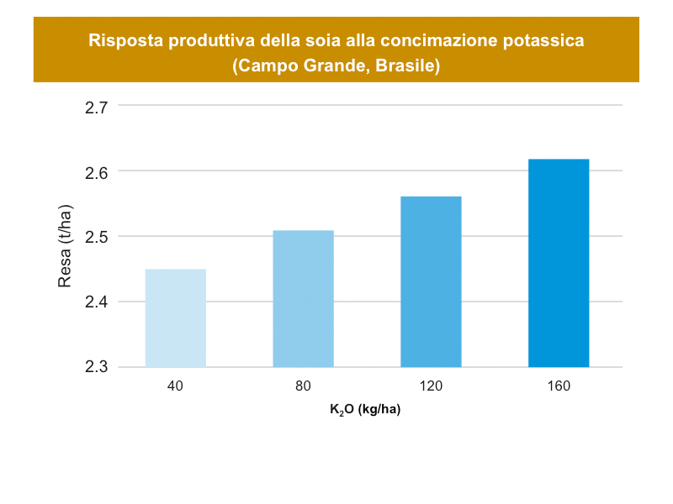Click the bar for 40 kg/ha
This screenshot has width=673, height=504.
(x=176, y=318)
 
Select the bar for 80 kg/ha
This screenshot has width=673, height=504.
(x=304, y=298)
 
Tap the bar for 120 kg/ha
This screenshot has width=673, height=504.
(x=431, y=281)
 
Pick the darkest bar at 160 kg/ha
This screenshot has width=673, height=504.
(x=559, y=263)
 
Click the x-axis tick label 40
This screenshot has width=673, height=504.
(x=176, y=386)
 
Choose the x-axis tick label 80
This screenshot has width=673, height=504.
(x=304, y=386)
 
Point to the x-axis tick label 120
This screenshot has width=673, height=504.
(x=431, y=386)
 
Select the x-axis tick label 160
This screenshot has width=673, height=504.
(x=559, y=386)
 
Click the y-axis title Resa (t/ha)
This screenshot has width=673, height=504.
(x=65, y=245)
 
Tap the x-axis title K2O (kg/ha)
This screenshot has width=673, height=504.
(x=365, y=411)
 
